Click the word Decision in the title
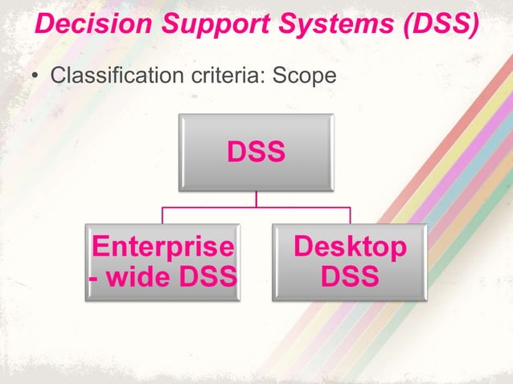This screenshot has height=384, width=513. click(x=86, y=24)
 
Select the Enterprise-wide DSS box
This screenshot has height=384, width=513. click(x=162, y=262)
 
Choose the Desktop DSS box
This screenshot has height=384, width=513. click(x=350, y=262)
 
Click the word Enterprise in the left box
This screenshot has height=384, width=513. click(x=163, y=247)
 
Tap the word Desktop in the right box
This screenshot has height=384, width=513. click(x=350, y=247)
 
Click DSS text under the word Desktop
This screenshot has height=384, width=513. click(x=350, y=277)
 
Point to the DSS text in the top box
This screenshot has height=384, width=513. click(x=256, y=152)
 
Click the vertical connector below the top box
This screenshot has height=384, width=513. click(x=256, y=198)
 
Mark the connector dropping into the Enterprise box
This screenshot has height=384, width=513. click(x=162, y=215)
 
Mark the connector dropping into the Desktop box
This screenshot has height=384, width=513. click(x=350, y=215)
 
